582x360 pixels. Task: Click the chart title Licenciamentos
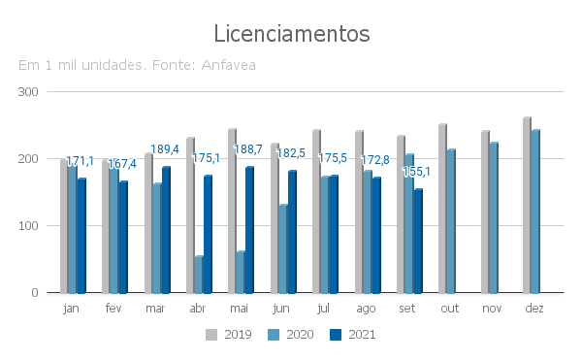292,34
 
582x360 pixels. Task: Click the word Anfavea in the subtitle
228,65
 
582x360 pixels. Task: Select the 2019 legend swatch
211,335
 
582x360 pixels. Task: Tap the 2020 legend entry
291,335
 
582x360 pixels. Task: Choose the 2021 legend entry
353,335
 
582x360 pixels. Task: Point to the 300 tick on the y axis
28,92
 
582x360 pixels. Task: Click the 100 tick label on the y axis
28,226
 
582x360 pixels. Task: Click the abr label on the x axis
198,308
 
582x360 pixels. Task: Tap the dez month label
534,308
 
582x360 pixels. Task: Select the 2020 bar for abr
199,275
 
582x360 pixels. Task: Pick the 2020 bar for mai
241,272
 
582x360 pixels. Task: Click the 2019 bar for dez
527,206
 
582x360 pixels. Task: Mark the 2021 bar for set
418,242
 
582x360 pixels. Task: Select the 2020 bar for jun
283,248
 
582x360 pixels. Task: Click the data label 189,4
165,149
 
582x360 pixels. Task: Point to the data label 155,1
416,172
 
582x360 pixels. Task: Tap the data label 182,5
291,153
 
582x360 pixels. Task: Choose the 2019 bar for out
443,209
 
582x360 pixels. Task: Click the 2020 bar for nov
494,217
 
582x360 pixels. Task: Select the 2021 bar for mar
166,230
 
